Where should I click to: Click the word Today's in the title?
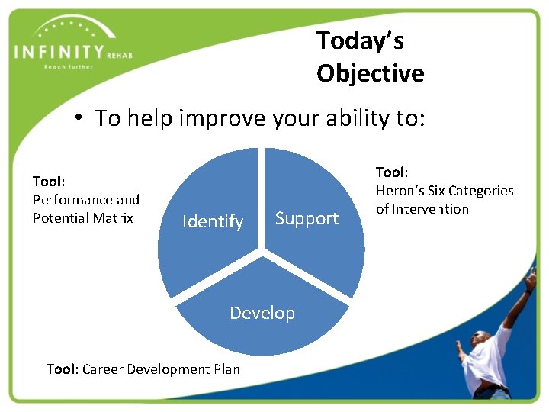pyautogui.click(x=359, y=40)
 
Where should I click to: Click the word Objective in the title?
pyautogui.click(x=370, y=73)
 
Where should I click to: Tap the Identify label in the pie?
pyautogui.click(x=213, y=222)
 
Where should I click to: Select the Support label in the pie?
pyautogui.click(x=307, y=219)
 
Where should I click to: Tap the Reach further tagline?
pyautogui.click(x=68, y=67)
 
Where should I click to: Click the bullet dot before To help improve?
pyautogui.click(x=79, y=119)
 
